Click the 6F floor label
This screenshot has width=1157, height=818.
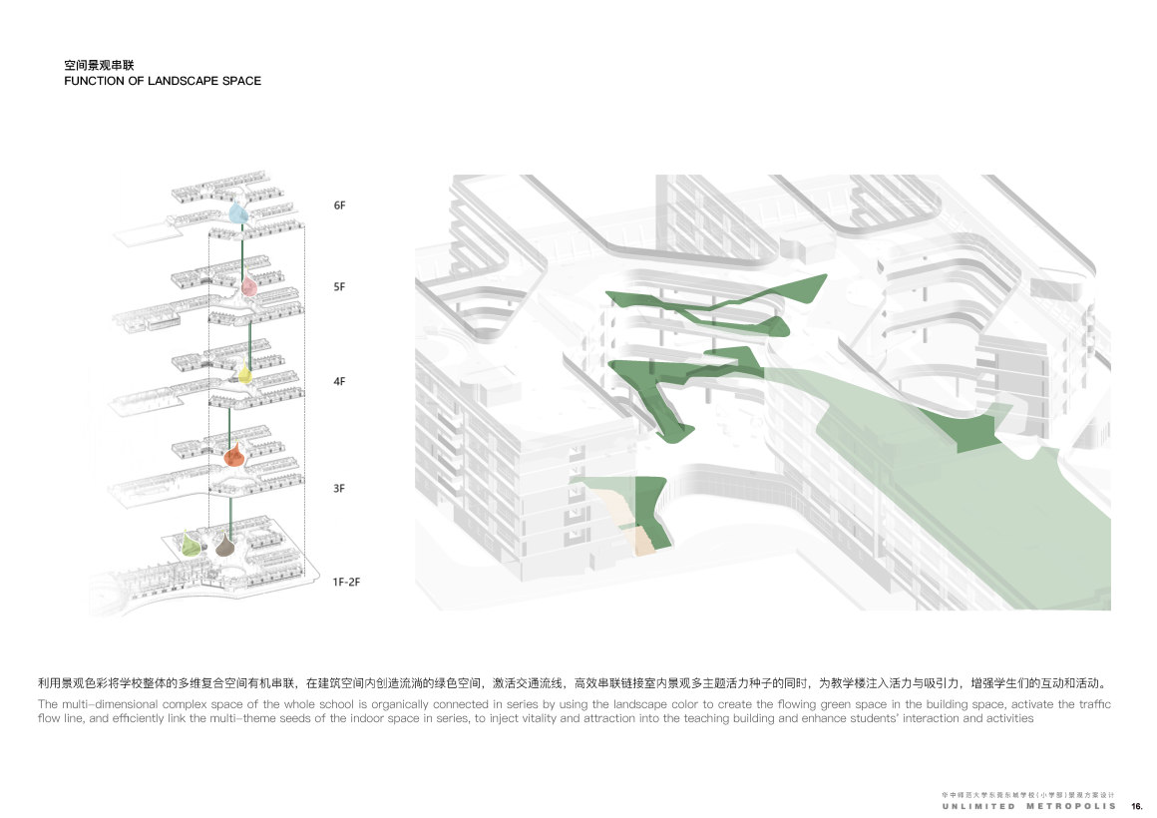(x=339, y=205)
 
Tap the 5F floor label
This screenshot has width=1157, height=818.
(x=339, y=287)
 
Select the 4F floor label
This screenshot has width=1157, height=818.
(x=339, y=381)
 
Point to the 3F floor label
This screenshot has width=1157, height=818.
(x=339, y=488)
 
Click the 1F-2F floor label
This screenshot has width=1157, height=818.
(x=345, y=580)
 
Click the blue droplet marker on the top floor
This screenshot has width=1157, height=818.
(x=237, y=212)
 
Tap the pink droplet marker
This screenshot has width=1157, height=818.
(x=248, y=287)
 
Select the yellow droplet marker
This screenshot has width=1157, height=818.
(x=244, y=374)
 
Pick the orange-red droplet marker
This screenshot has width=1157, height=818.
(x=232, y=457)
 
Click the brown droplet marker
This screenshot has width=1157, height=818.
(x=225, y=545)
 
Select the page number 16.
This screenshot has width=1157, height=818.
(x=1136, y=805)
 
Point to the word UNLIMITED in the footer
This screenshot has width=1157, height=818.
(x=978, y=805)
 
